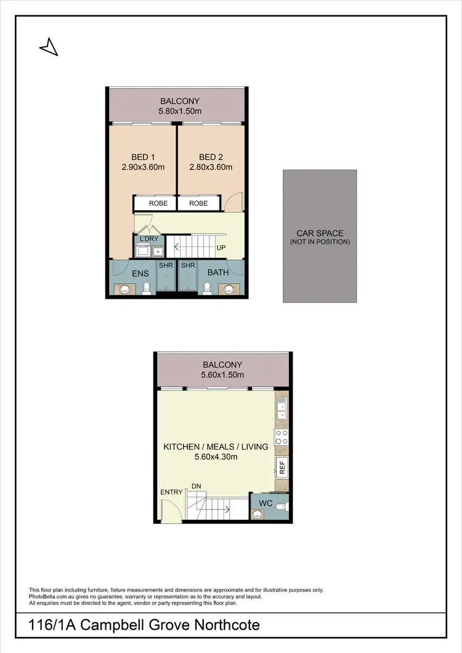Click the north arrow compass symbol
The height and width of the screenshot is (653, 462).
(49, 47)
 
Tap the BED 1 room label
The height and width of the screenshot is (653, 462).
(143, 156)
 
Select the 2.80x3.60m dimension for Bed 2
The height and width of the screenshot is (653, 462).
(211, 167)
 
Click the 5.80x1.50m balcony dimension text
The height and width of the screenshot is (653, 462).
(180, 112)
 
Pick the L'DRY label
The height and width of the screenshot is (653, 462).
(148, 238)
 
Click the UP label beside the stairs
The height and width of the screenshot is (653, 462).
(220, 248)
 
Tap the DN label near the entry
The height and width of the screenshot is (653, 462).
(196, 486)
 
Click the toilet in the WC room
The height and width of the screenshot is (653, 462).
(280, 508)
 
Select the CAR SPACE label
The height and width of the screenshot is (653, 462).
(320, 233)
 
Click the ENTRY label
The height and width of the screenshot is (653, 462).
(171, 492)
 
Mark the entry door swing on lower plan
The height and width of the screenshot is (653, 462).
(168, 510)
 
